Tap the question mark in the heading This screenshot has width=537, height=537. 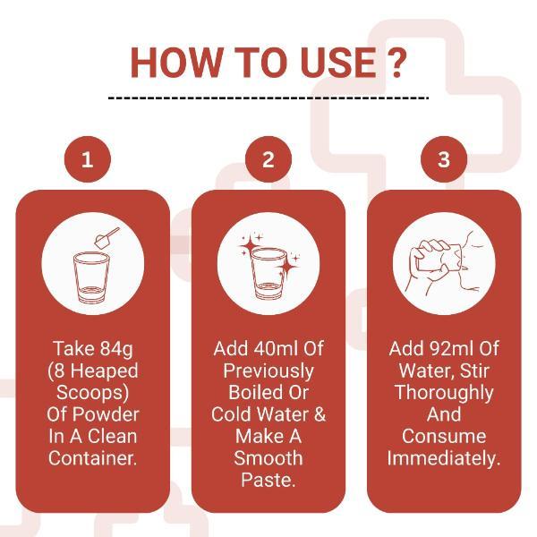click(x=396, y=63)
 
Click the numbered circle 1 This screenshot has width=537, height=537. click(x=88, y=159)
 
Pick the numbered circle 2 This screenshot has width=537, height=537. click(x=268, y=159)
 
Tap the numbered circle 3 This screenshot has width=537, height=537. click(x=444, y=159)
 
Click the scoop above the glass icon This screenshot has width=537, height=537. click(x=107, y=237)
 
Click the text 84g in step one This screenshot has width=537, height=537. click(x=116, y=349)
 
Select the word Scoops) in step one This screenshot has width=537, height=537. click(x=93, y=393)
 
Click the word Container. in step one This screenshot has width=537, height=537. click(x=93, y=458)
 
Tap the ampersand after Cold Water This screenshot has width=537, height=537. click(x=320, y=414)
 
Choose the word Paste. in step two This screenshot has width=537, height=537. click(x=268, y=480)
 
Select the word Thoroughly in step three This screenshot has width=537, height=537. click(x=444, y=393)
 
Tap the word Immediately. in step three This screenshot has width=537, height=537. click(x=444, y=458)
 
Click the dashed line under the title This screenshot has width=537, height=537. click(x=268, y=98)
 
